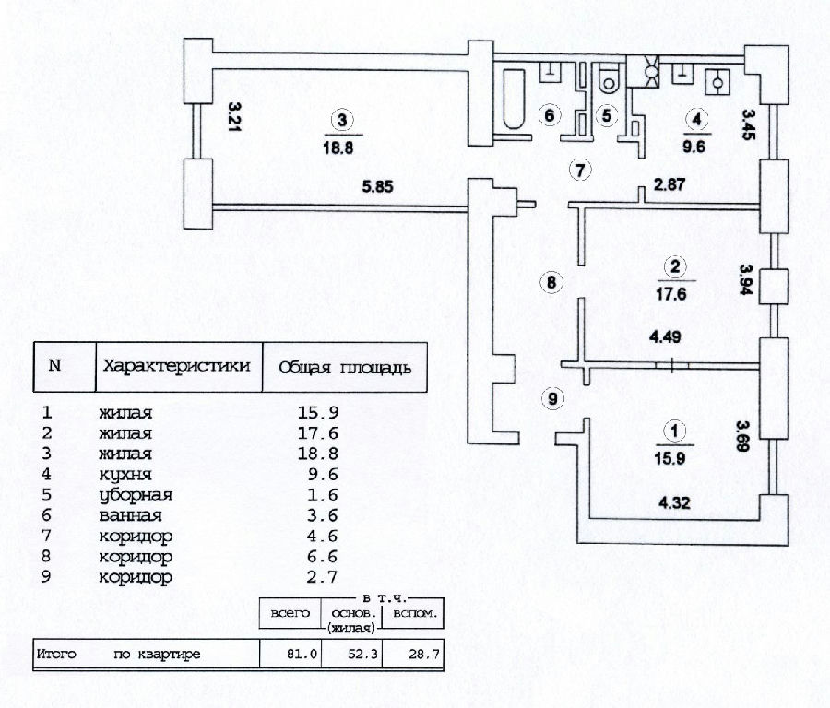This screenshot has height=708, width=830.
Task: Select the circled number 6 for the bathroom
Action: coord(550,116)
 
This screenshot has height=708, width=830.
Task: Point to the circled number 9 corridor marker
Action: coord(551,398)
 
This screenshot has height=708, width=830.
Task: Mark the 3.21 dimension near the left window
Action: coord(234,118)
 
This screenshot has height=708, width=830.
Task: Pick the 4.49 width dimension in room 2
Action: coord(665,337)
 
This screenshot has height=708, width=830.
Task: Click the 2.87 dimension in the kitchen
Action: coord(670,186)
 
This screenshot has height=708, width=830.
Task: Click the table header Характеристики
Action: coord(177,366)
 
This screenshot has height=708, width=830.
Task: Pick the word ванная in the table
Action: coord(130,516)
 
